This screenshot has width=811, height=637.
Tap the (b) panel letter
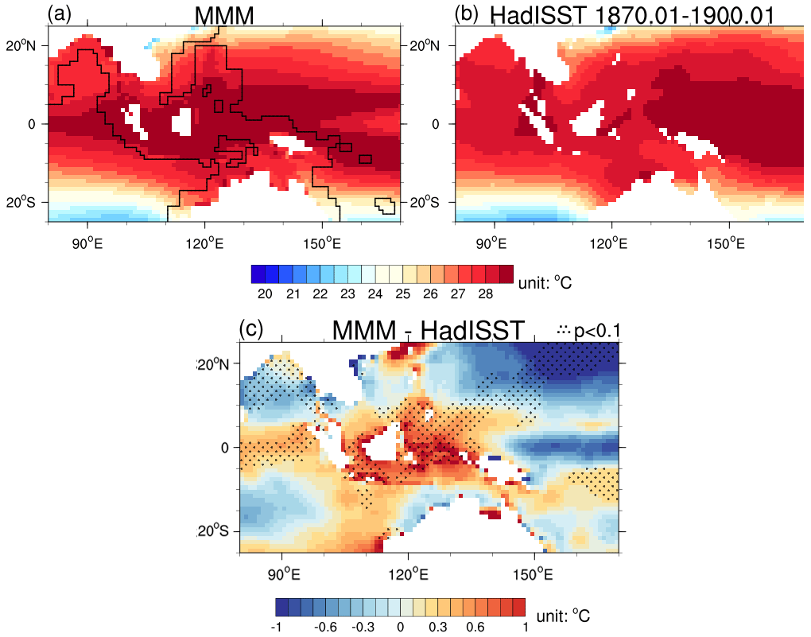(x=466, y=13)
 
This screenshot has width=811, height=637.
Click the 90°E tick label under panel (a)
(x=87, y=242)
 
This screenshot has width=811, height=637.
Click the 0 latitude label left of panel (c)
(x=224, y=448)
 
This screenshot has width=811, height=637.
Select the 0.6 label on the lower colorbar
(x=476, y=627)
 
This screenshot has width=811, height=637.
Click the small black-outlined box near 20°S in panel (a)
(x=386, y=206)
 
